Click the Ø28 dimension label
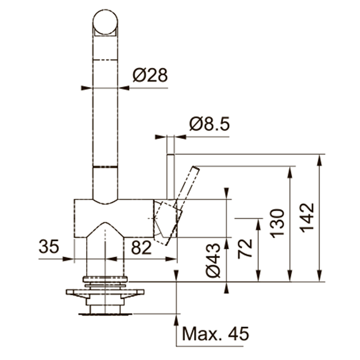150,75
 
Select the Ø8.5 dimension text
209,124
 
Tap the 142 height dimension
307,218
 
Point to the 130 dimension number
277,223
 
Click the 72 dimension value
245,249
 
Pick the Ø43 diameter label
213,261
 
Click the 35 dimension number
49,246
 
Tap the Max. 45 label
216,333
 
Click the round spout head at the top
105,22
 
